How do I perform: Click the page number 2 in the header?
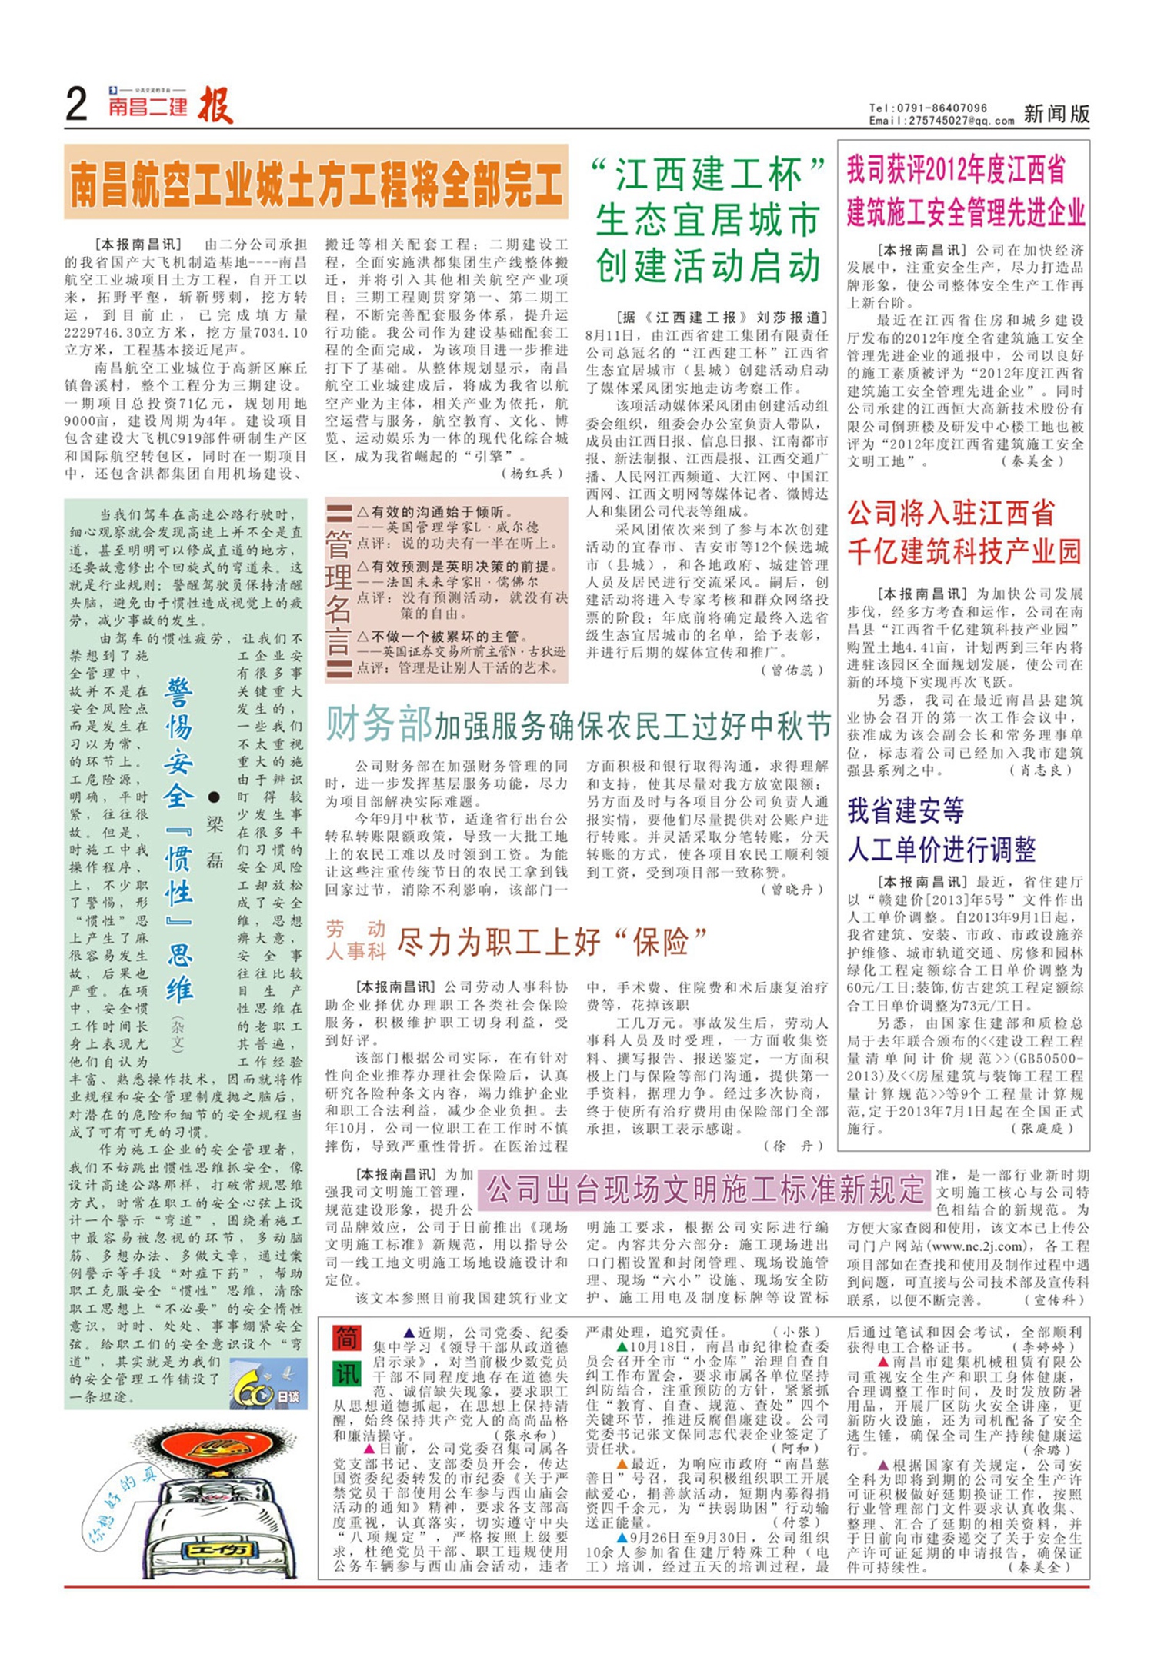77,105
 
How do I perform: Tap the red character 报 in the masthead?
215,106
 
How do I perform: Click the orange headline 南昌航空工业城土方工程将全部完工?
316,182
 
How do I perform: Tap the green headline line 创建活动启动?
709,266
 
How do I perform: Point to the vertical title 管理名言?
338,591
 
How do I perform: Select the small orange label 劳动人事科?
355,940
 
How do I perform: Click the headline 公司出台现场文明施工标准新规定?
705,1189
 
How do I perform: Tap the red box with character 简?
347,1339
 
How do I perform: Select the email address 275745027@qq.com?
962,121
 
